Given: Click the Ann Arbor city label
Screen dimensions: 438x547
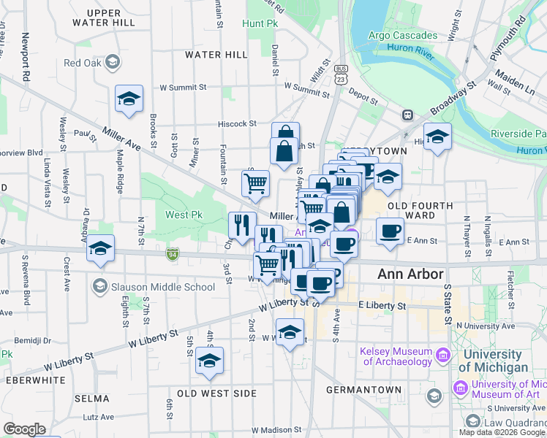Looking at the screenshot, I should [410, 274].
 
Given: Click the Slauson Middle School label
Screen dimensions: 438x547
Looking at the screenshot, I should [162, 287].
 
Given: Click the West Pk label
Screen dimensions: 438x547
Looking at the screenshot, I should [183, 215].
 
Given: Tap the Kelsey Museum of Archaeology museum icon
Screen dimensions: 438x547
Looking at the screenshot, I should [442, 356].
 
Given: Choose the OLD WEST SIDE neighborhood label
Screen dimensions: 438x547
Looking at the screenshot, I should [217, 393].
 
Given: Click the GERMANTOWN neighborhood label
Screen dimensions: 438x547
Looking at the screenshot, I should [363, 390].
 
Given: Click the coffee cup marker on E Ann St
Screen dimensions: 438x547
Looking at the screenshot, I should [390, 232].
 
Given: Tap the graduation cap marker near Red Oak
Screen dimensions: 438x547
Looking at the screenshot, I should [129, 99].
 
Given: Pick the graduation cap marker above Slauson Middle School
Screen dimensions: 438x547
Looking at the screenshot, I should [101, 248].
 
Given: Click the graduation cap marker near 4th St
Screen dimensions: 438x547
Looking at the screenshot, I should [210, 361].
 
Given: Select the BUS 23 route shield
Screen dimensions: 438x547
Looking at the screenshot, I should [341, 75].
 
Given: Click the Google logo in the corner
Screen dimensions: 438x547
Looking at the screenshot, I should [25, 429].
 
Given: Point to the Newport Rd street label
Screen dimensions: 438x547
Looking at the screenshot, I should [25, 57].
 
